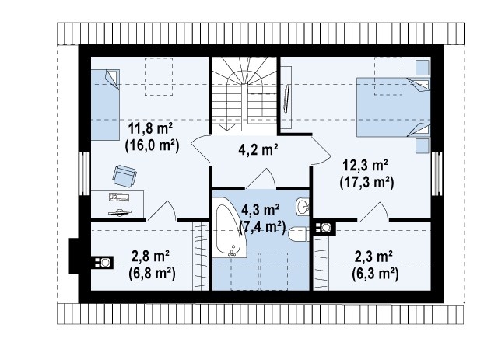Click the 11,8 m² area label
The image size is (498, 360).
tap(150, 128)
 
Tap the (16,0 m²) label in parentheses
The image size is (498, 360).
tap(153, 145)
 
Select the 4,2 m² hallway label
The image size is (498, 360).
tap(258, 149)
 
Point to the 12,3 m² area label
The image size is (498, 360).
tap(365, 166)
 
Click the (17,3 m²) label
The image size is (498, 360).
tap(366, 183)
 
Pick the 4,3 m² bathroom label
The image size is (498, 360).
tap(260, 210)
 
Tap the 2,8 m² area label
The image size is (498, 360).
tap(150, 256)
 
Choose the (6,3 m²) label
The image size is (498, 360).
tap(375, 274)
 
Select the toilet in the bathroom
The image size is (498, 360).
tap(299, 235)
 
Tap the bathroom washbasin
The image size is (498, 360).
tap(303, 207)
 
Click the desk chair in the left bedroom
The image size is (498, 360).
tap(124, 176)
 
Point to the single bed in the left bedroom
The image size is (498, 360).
tap(105, 105)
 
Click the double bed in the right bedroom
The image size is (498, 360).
tap(393, 107)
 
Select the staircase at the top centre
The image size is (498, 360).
tap(244, 95)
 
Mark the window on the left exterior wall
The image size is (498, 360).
tap(85, 173)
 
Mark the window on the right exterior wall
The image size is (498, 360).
tap(437, 173)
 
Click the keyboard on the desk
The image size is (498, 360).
tap(119, 197)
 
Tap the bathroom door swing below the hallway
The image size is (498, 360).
tap(261, 178)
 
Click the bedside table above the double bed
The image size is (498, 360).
tap(423, 68)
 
